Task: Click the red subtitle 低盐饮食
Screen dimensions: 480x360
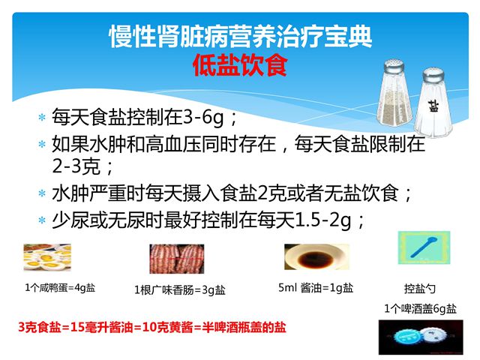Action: click(x=240, y=65)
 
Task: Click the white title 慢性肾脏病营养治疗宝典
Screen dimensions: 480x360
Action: click(x=240, y=37)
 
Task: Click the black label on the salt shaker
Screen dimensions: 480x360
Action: click(x=433, y=106)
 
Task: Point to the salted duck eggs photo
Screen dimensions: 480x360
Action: click(x=47, y=257)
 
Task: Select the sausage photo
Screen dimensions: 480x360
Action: click(x=177, y=259)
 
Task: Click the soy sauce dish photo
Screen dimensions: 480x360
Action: click(x=316, y=256)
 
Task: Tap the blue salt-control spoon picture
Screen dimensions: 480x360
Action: click(x=424, y=247)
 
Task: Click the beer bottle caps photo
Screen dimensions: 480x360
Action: click(x=421, y=337)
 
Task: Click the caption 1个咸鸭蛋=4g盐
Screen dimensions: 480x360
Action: click(x=60, y=288)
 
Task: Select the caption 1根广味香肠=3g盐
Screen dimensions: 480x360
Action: click(x=180, y=290)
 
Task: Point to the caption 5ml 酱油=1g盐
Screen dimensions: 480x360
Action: click(x=316, y=288)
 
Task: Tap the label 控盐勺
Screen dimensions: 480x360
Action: click(x=420, y=288)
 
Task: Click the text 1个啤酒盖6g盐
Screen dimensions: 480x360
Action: click(x=420, y=308)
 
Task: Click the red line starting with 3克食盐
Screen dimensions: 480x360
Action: click(x=152, y=327)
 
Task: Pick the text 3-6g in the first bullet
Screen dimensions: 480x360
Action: click(x=203, y=118)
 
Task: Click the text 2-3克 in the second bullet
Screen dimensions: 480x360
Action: click(x=76, y=166)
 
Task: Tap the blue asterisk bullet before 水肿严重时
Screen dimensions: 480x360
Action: click(x=42, y=193)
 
